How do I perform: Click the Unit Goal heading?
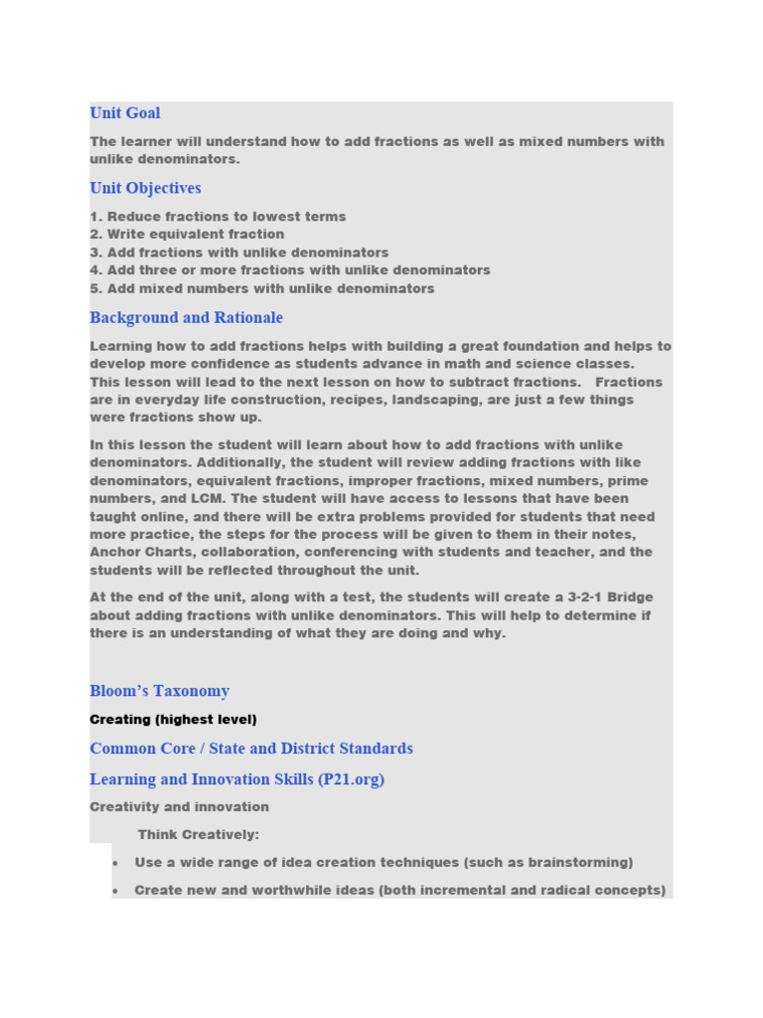click(x=125, y=113)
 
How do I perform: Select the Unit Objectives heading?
click(x=145, y=188)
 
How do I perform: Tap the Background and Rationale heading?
click(x=186, y=318)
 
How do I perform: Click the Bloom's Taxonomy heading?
click(x=159, y=691)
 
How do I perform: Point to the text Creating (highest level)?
click(x=173, y=720)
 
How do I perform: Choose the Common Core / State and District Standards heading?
click(x=251, y=749)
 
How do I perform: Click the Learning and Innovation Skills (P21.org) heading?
click(x=236, y=779)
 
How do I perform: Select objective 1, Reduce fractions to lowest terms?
click(x=218, y=217)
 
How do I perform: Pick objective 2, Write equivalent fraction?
click(x=187, y=235)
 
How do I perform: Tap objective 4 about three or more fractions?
click(x=290, y=270)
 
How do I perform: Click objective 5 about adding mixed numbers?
click(x=262, y=289)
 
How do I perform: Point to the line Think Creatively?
click(x=199, y=835)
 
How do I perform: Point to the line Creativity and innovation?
click(x=179, y=807)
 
